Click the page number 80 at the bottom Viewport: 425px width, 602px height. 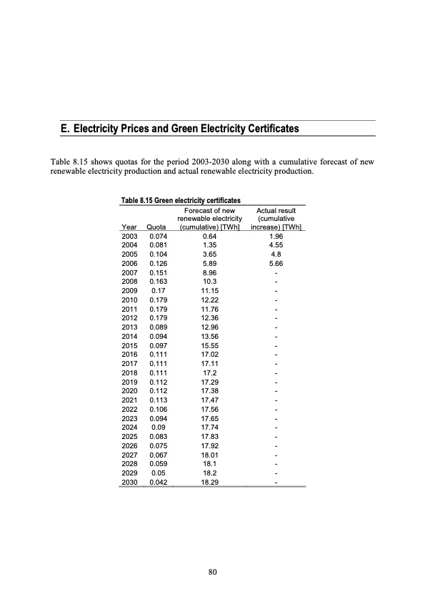212,571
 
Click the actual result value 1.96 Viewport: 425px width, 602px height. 276,237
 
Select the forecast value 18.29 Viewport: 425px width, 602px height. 209,483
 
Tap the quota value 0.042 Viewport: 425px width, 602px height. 159,483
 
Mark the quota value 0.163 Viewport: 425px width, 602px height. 159,282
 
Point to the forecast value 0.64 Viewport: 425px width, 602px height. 209,237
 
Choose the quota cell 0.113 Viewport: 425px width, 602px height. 159,401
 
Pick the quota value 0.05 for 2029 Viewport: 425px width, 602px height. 159,474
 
